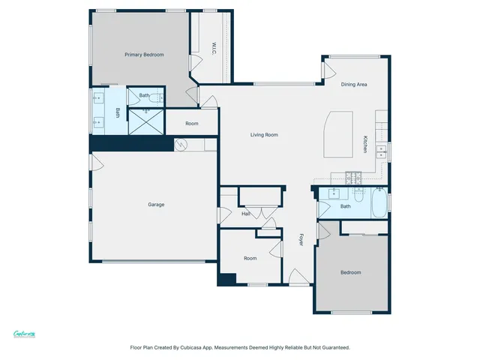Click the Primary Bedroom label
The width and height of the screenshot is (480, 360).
[x=144, y=55]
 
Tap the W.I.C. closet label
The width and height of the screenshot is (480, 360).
[x=214, y=48]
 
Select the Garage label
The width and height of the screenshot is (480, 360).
[x=156, y=204]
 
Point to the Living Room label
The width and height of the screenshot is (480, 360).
[x=264, y=135]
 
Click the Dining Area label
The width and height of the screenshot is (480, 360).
[x=354, y=85]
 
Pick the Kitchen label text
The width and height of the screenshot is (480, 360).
[x=365, y=144]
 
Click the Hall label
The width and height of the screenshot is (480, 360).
[x=245, y=214]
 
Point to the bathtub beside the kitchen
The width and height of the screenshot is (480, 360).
[x=379, y=205]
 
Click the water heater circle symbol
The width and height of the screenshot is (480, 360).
[x=180, y=145]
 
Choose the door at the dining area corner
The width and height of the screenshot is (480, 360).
[x=328, y=70]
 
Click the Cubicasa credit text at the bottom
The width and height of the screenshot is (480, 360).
[x=240, y=347]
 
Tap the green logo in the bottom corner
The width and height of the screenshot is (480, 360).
[x=25, y=334]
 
